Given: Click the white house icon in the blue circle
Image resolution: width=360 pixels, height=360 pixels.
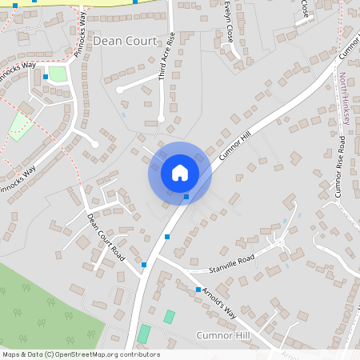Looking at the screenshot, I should click(180, 173).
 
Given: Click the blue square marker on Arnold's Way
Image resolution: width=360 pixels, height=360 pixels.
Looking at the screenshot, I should click(198, 289).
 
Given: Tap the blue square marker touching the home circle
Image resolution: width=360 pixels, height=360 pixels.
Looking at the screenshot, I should click(186, 196).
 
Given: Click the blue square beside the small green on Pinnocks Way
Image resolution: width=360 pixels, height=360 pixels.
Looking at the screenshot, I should click(46, 77).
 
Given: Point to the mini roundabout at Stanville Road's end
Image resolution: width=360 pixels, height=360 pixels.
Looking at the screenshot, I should click(280, 241).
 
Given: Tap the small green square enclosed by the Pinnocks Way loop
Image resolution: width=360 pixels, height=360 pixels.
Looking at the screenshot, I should click(57, 74).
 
